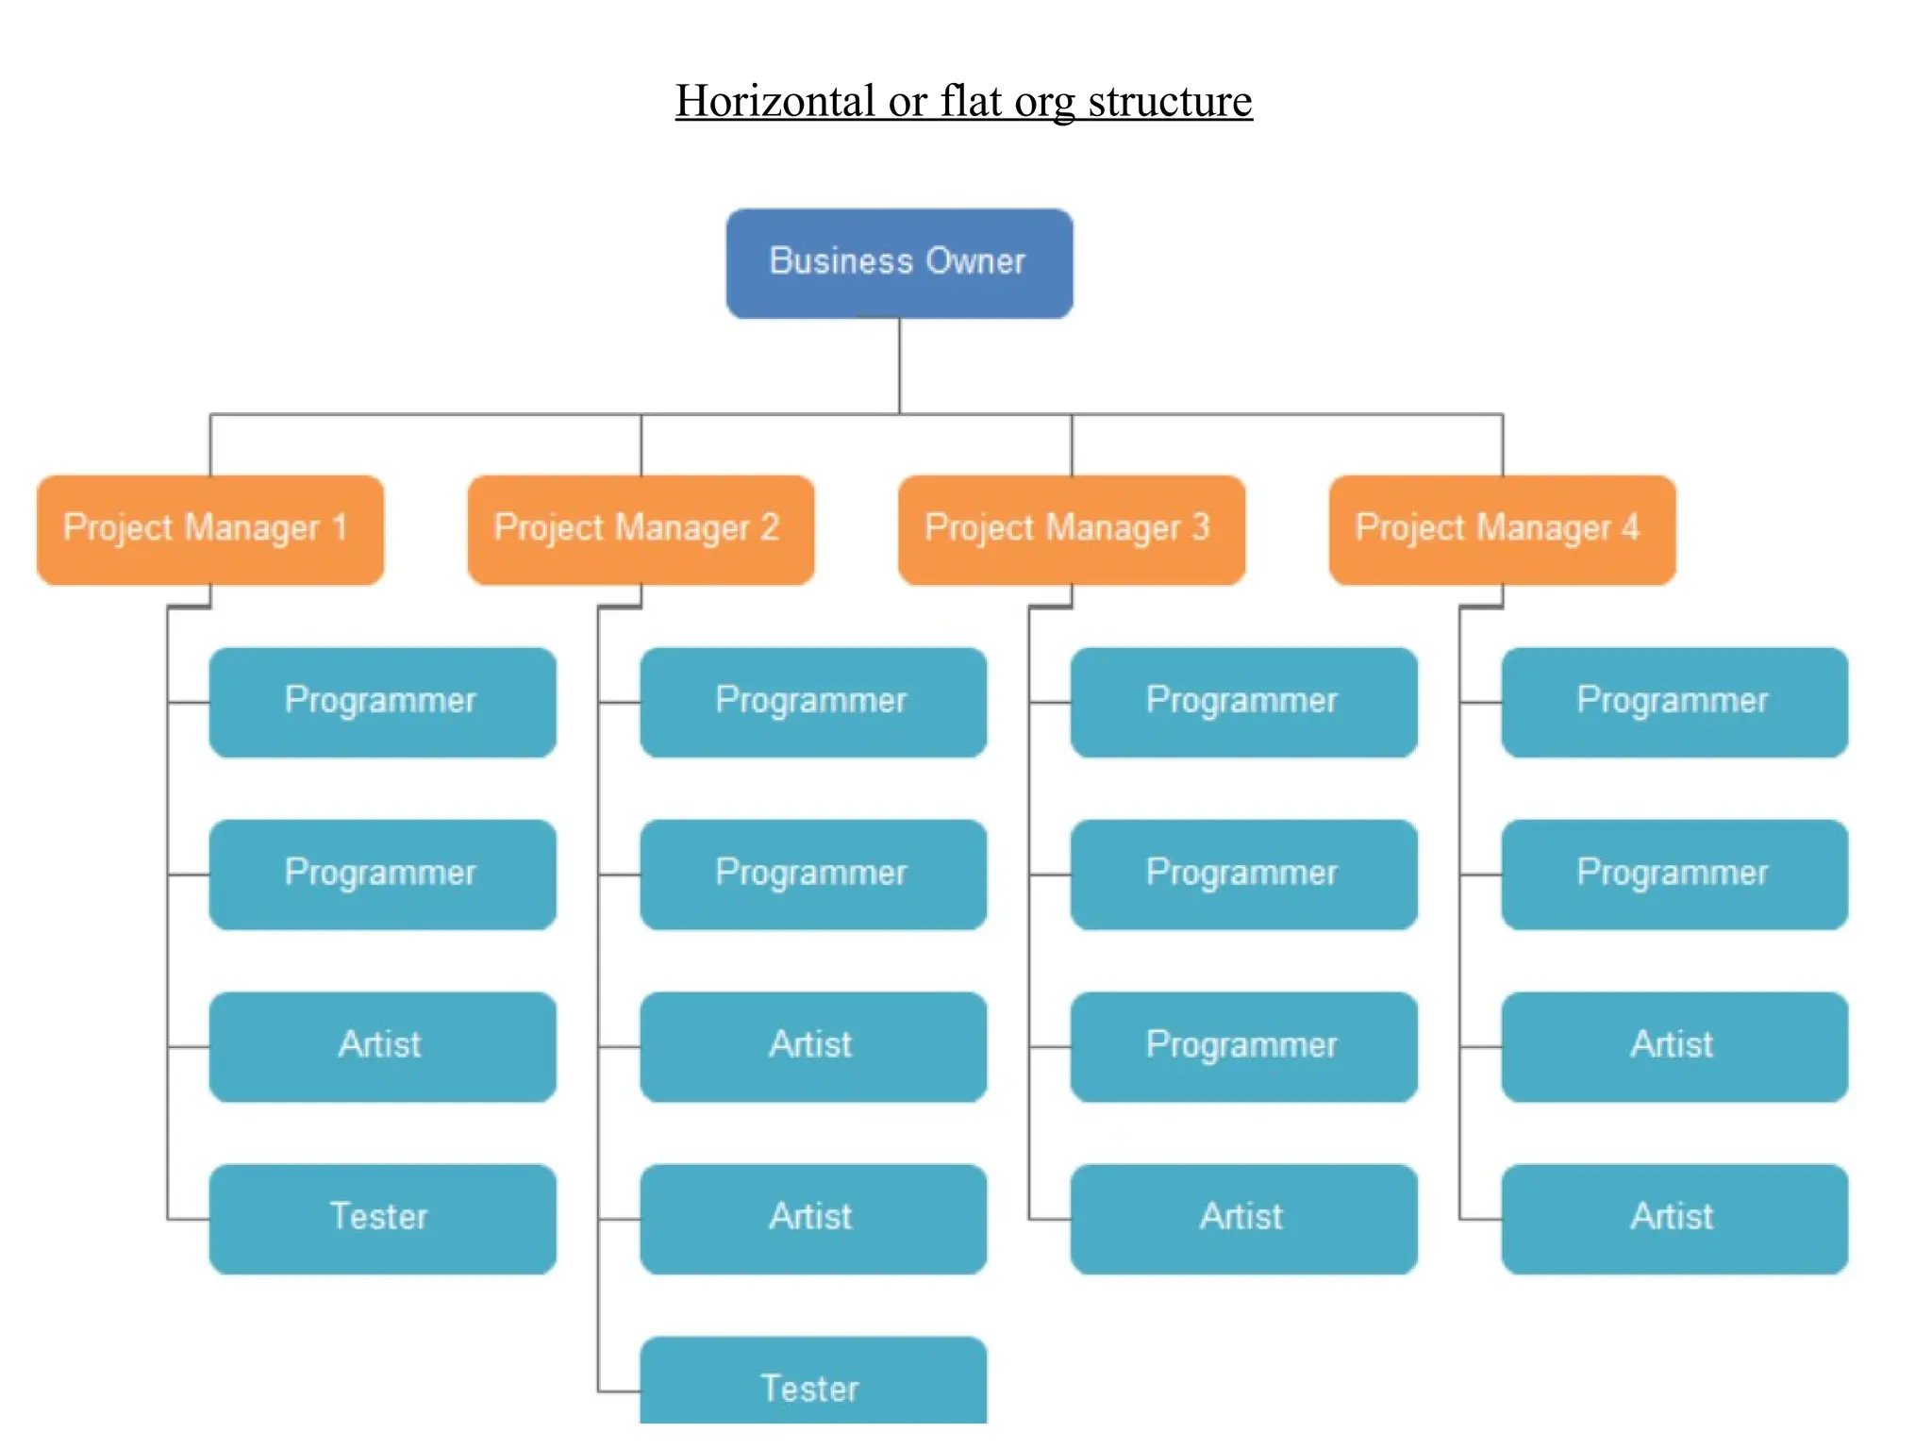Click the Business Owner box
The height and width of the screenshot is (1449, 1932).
[x=899, y=263]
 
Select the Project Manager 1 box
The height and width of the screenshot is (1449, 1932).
[x=210, y=529]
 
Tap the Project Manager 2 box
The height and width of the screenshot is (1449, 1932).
[x=641, y=529]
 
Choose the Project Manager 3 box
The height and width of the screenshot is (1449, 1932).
[x=1071, y=529]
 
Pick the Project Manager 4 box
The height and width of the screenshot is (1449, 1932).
[x=1502, y=529]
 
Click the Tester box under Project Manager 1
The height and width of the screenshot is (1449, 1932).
[x=382, y=1218]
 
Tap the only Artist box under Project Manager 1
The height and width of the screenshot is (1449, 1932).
[x=382, y=1046]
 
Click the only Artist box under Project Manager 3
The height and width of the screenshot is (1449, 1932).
[x=1243, y=1218]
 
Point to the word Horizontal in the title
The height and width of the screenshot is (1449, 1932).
[x=774, y=101]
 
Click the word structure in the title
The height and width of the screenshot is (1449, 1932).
[x=1170, y=101]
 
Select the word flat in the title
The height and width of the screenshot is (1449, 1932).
[x=971, y=101]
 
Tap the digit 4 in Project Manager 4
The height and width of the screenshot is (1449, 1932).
[x=1630, y=527]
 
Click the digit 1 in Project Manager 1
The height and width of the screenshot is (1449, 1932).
[x=340, y=527]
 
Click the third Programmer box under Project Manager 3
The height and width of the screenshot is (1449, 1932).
[x=1243, y=1046]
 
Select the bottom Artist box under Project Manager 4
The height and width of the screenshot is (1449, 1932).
[x=1674, y=1218]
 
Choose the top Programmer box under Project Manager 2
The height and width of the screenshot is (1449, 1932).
[x=812, y=702]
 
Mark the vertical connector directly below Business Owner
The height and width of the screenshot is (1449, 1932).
[x=899, y=366]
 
